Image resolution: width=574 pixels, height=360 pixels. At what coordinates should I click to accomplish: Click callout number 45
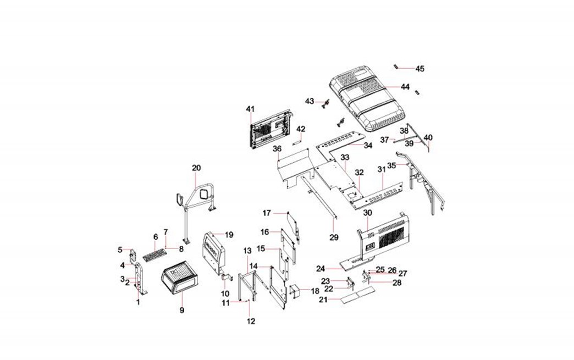point(420,69)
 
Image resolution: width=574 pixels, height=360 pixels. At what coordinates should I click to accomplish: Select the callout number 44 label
point(405,87)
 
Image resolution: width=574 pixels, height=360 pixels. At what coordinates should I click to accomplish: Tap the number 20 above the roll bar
point(196,168)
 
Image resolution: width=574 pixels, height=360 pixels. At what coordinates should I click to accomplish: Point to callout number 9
point(181,311)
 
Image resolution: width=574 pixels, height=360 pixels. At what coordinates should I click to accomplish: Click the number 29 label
point(334,237)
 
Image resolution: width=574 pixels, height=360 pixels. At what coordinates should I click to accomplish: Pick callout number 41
point(250,109)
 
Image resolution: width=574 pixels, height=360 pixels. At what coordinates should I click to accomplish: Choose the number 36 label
point(277,149)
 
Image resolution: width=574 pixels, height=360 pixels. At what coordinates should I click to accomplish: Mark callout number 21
point(323,300)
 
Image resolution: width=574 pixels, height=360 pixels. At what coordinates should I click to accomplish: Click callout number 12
point(251,321)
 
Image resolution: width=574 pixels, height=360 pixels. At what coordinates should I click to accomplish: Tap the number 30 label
point(368,213)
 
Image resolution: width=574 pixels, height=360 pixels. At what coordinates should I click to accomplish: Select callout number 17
point(267,213)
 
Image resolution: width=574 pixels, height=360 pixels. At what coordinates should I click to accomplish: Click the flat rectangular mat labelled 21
point(356,297)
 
